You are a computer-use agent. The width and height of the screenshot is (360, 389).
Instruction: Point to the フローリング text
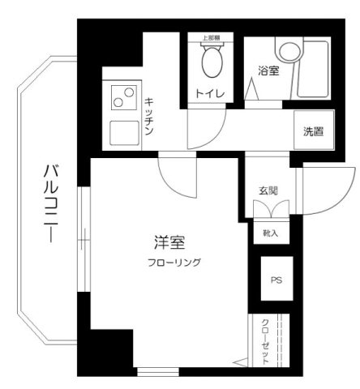click(174, 262)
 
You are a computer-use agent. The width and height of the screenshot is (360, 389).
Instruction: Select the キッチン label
click(151, 115)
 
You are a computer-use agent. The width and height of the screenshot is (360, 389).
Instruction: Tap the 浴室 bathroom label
click(268, 71)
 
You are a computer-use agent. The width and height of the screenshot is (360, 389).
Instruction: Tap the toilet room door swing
click(206, 130)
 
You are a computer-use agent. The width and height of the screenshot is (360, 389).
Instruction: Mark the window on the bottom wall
click(160, 372)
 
